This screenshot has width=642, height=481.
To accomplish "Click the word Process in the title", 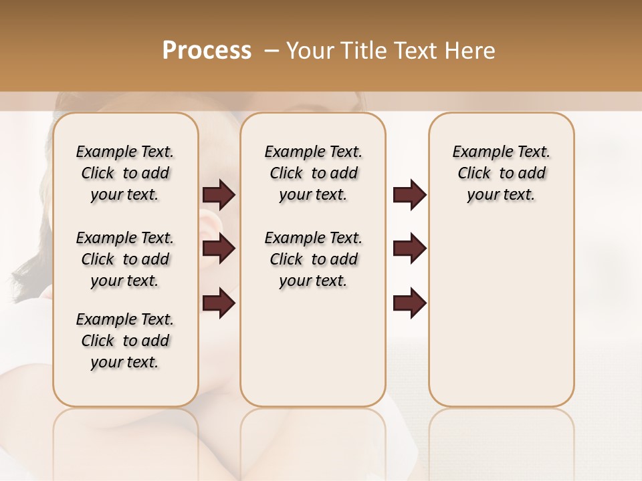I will coord(207,50).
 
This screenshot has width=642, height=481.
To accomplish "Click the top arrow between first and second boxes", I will coord(219,195).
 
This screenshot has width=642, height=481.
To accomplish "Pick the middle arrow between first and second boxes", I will coord(219,249).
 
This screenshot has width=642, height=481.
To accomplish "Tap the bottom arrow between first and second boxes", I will coord(219,303).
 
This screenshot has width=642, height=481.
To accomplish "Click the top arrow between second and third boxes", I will coord(409,195).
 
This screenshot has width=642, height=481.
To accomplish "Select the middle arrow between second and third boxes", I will coord(409,249).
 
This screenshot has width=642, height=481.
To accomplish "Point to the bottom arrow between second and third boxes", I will coord(409,303).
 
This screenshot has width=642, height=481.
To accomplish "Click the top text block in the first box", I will coord(125,173).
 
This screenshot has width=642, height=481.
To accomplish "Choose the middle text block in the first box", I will coord(125,259).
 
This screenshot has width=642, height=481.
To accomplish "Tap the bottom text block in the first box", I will coord(125,341).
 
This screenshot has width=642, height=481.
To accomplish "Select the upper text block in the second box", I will coord(313,173).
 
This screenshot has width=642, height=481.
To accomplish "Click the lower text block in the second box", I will coord(313,259).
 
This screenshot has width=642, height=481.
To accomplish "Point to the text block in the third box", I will coord(501,173).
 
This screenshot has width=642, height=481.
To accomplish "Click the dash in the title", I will coord(271,51).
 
